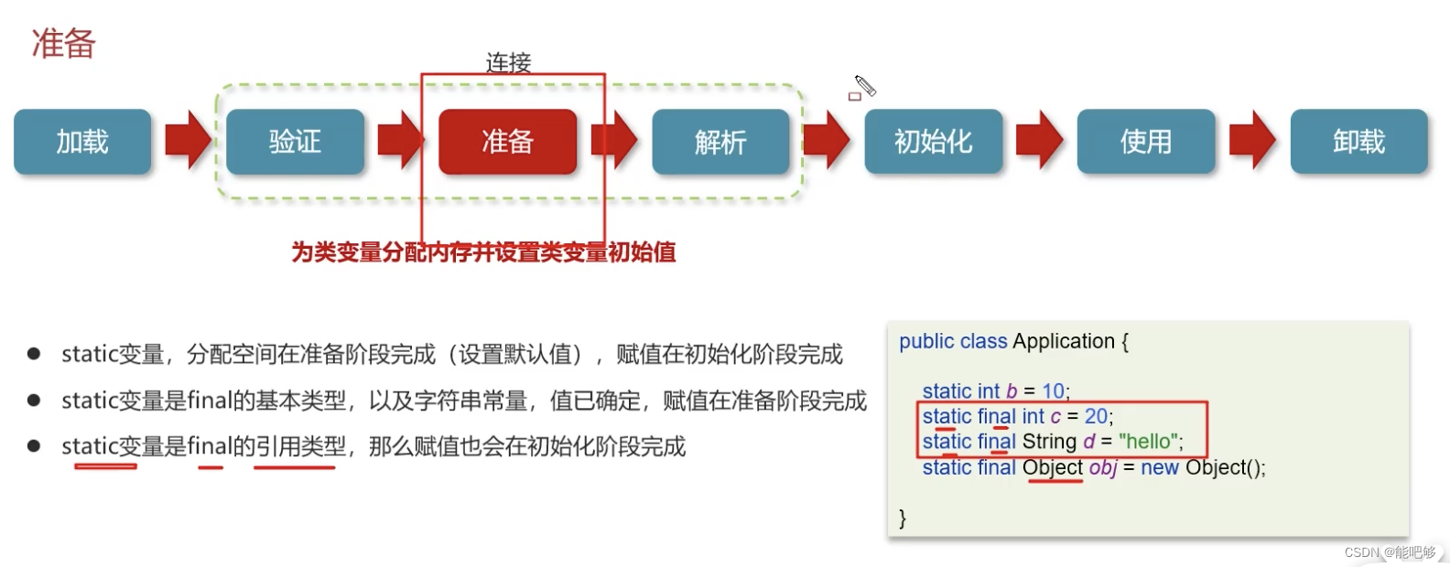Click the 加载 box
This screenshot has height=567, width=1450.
point(82,142)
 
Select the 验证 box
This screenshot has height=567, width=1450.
point(295,142)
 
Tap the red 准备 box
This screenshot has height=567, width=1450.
point(507,142)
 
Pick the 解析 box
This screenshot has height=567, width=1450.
point(720,142)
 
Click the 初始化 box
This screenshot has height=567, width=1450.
point(933,142)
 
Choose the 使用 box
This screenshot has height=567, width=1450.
point(1145,142)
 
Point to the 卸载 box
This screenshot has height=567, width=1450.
point(1358,142)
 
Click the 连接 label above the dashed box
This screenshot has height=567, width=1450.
point(508,62)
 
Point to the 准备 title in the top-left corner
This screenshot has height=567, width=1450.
point(64,44)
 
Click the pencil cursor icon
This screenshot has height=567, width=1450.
point(864,87)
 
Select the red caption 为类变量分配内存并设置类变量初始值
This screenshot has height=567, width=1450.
point(483,252)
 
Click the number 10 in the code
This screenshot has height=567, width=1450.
point(1053,391)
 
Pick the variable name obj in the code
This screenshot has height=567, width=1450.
point(1102,468)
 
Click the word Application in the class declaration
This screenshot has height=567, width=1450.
point(1064,341)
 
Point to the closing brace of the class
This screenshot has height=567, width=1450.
point(903,519)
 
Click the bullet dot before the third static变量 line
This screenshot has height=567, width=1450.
point(34,446)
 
